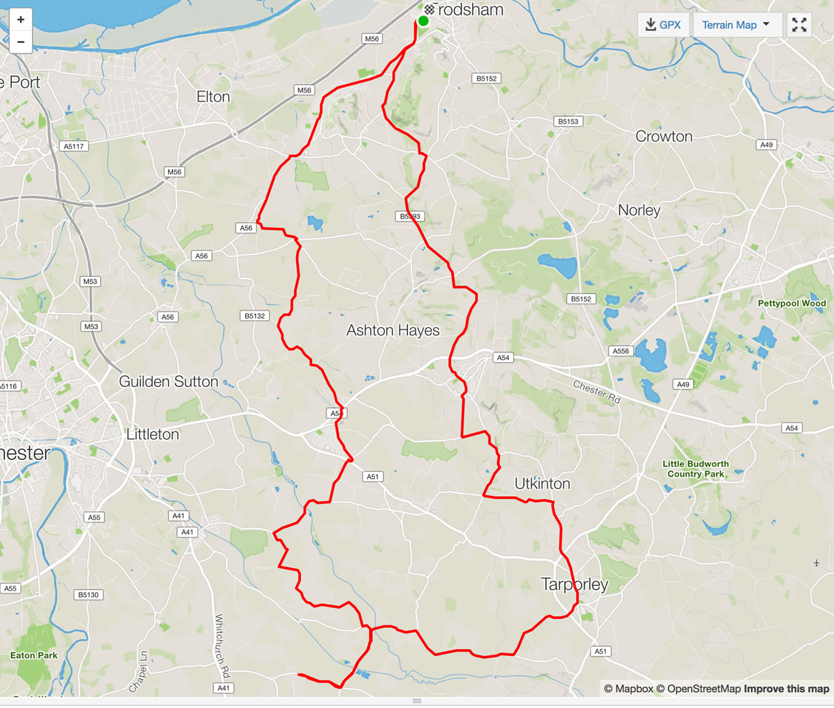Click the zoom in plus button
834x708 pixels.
21,19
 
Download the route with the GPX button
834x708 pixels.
662,25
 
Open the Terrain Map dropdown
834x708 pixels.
736,25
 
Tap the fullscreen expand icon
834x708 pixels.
799,25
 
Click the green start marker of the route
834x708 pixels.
423,20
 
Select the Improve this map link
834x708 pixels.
786,689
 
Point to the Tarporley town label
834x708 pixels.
575,584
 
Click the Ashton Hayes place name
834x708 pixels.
393,330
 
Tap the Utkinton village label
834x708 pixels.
542,484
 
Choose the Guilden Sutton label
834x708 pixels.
168,381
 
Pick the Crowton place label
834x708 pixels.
664,136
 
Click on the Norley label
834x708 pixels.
639,210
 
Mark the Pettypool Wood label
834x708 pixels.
792,303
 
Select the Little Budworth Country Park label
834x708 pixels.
696,469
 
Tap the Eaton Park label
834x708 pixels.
34,655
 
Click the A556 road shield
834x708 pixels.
621,351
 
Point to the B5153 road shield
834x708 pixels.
568,122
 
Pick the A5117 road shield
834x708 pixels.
74,147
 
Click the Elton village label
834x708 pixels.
213,97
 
